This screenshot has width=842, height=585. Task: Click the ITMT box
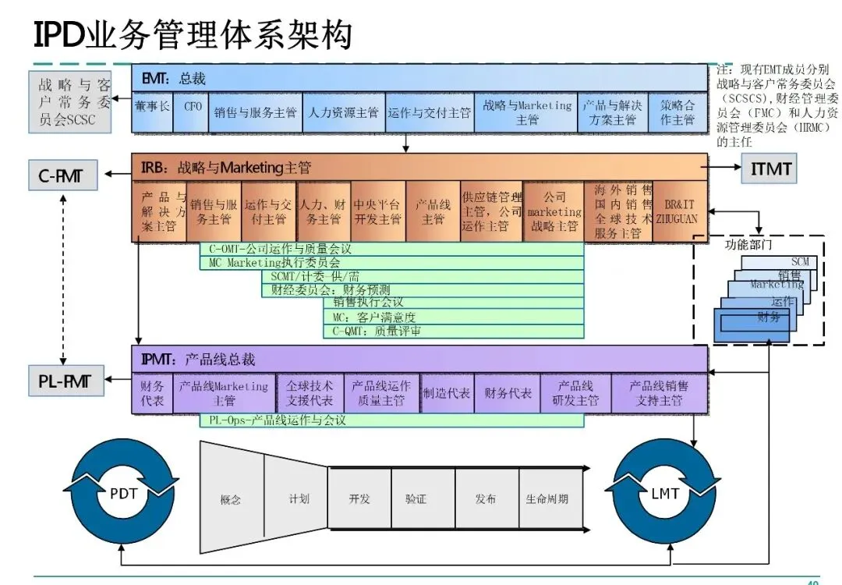pyautogui.click(x=770, y=168)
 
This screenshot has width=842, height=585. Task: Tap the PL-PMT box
pyautogui.click(x=65, y=381)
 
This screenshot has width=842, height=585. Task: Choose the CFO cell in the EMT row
pyautogui.click(x=192, y=112)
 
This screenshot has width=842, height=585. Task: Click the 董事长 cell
pyautogui.click(x=152, y=112)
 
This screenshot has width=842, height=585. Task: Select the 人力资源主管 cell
pyautogui.click(x=343, y=112)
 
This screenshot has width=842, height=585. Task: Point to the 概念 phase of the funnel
pyautogui.click(x=232, y=499)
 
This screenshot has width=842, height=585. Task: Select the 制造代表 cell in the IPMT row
pyautogui.click(x=446, y=393)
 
